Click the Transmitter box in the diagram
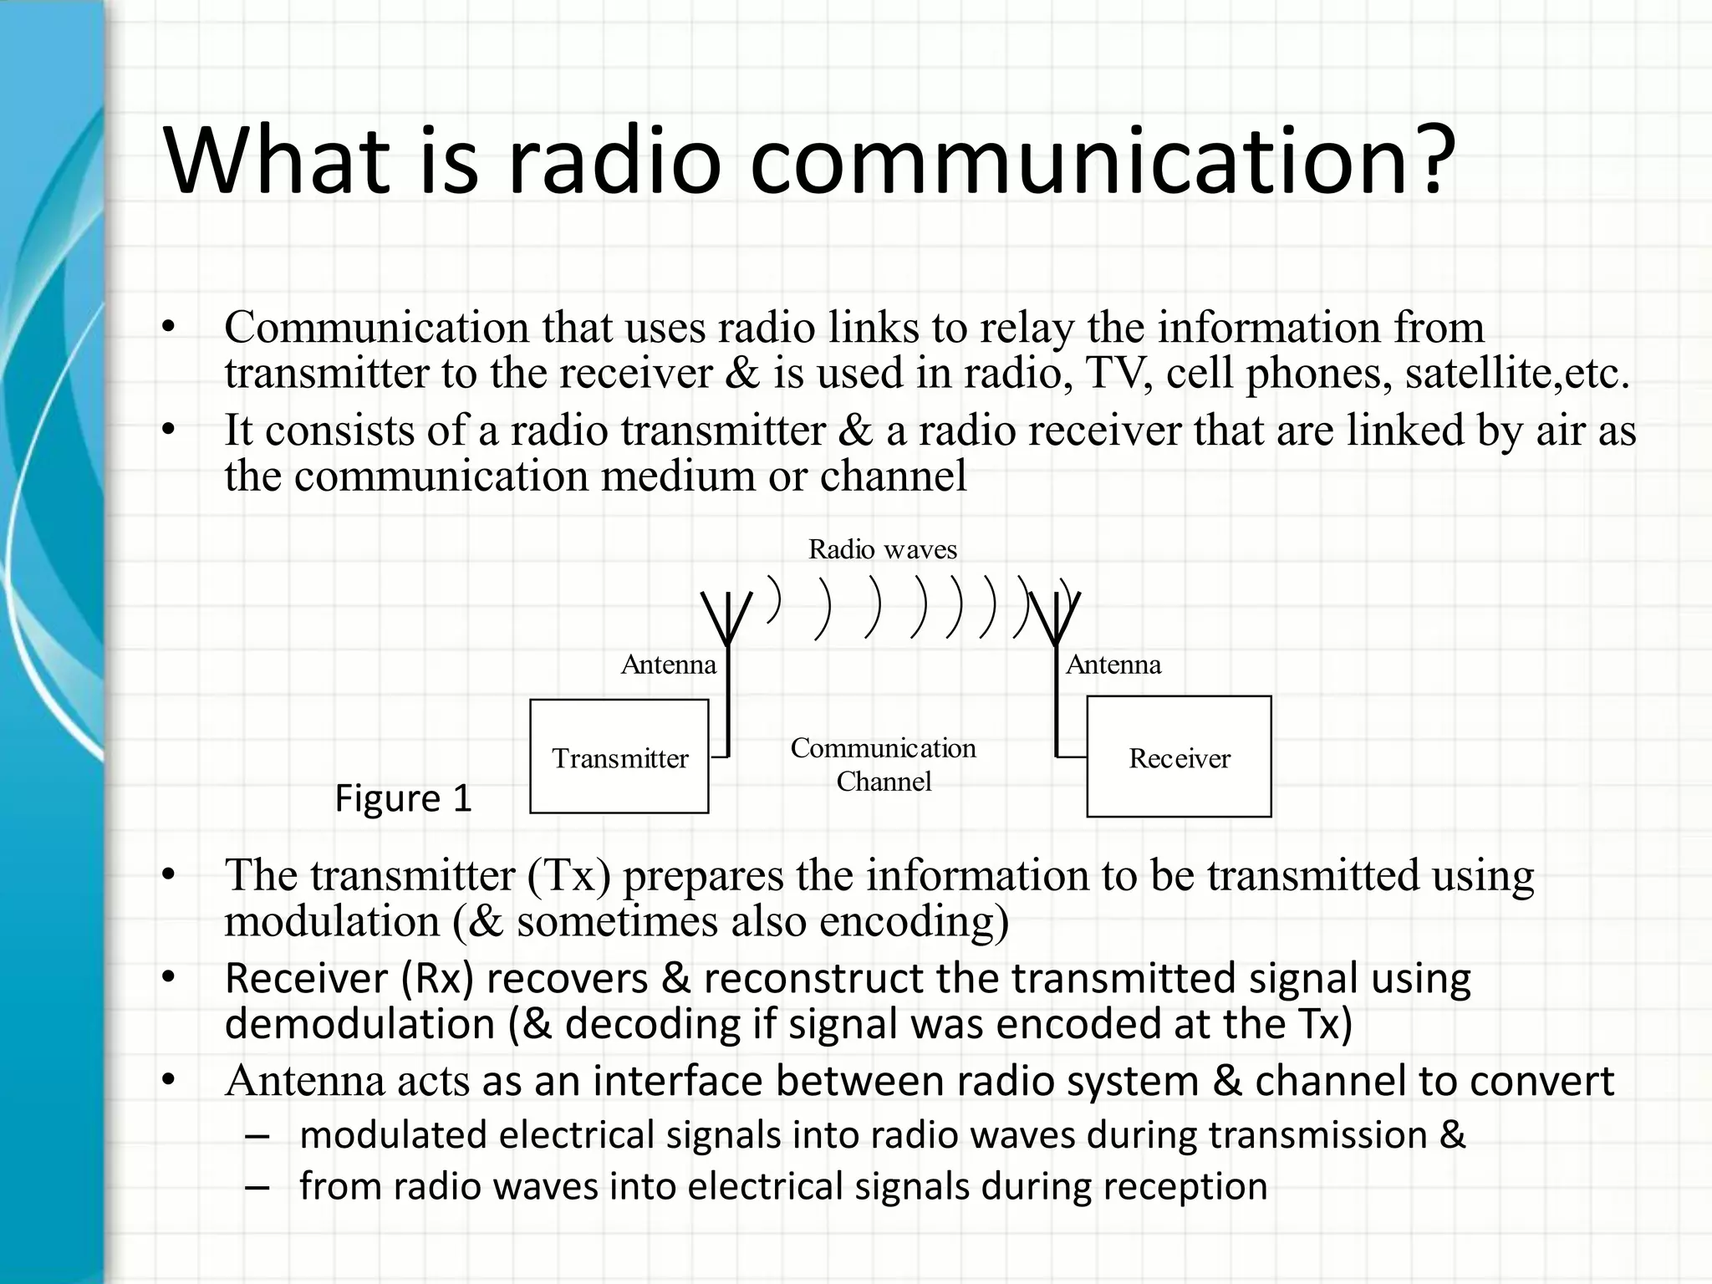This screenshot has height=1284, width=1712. pyautogui.click(x=619, y=757)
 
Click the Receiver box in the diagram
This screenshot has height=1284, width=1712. pyautogui.click(x=1179, y=757)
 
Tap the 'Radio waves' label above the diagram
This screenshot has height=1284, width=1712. pyautogui.click(x=882, y=549)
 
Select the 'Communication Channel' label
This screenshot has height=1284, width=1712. pyautogui.click(x=884, y=764)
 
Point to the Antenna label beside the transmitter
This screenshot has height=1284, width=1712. pyautogui.click(x=669, y=665)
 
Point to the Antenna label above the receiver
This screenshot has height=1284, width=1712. pyautogui.click(x=1113, y=665)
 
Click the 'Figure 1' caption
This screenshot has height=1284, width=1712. pyautogui.click(x=403, y=798)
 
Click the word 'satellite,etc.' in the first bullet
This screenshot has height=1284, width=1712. pyautogui.click(x=1516, y=373)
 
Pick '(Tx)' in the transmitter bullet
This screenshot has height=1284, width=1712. pyautogui.click(x=569, y=875)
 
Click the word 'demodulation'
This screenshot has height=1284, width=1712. pyautogui.click(x=360, y=1024)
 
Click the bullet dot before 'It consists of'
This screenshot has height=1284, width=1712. pyautogui.click(x=169, y=431)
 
